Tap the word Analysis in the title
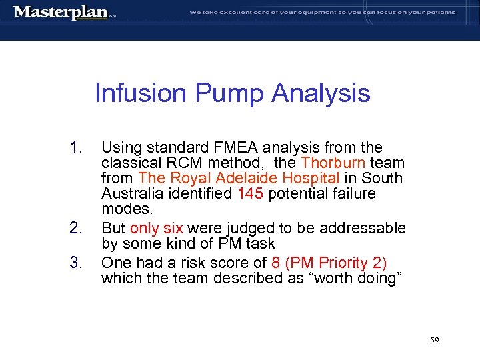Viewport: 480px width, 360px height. pos(321,93)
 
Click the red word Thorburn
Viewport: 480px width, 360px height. pos(333,163)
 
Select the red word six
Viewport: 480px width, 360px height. pos(171,229)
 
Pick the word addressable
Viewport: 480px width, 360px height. pos(362,229)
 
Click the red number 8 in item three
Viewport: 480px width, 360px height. pos(275,262)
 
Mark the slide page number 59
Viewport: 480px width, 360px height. pos(434,341)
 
